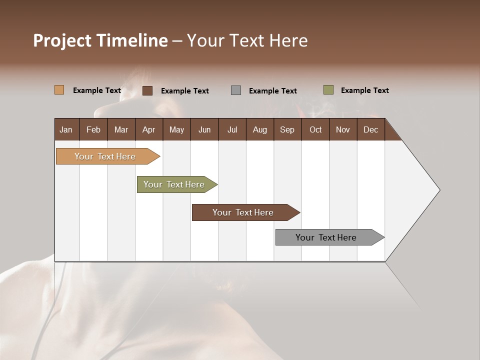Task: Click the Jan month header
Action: tap(66, 130)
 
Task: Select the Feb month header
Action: tap(93, 130)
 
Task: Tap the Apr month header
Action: tap(148, 130)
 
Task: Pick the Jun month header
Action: tap(204, 130)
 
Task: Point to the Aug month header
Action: tap(259, 130)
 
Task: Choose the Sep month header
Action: tap(287, 130)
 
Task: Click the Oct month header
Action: tap(315, 130)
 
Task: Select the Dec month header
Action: tap(370, 130)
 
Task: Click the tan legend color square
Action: tap(59, 90)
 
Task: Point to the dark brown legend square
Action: tap(147, 90)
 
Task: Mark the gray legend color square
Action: tap(236, 90)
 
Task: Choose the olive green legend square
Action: tap(328, 90)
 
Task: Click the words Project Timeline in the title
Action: tap(100, 40)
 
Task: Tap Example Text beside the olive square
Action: tap(364, 90)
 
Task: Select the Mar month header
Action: tap(121, 130)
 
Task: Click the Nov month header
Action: tap(342, 130)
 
